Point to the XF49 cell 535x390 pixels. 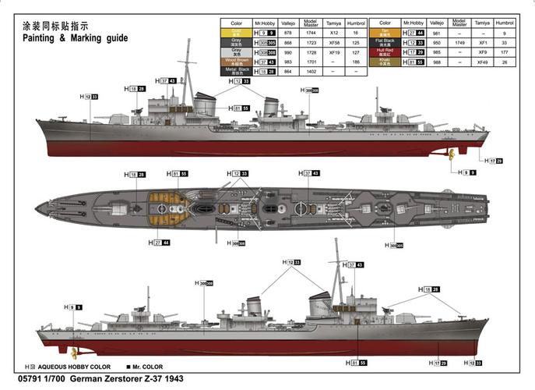(484, 61)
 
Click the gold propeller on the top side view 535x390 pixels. (451, 151)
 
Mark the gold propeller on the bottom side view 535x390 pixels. (75, 353)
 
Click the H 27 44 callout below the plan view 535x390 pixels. (160, 243)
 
